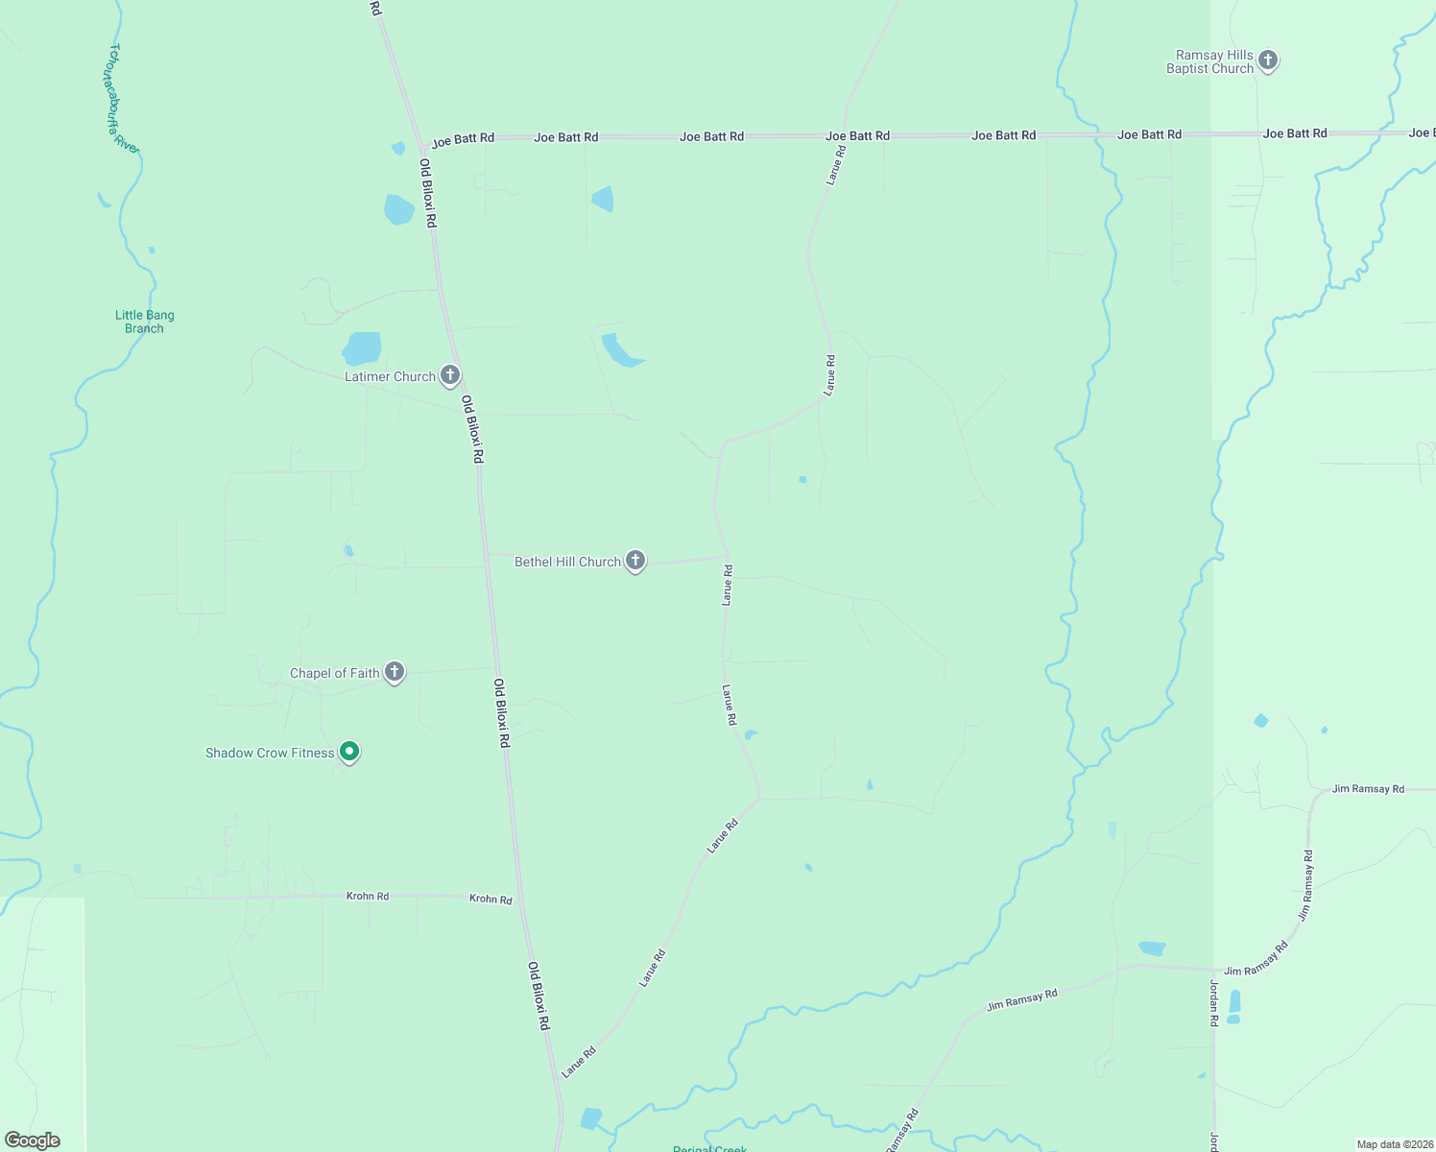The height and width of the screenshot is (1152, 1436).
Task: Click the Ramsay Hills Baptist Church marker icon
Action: click(1268, 60)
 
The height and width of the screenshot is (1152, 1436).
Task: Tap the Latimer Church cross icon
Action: click(449, 375)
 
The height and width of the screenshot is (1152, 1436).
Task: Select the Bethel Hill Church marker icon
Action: click(634, 561)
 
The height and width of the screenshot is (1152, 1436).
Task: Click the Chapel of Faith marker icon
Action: click(394, 672)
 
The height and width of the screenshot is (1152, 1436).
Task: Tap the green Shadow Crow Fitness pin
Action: click(349, 752)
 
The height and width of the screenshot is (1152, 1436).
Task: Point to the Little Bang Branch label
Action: click(145, 322)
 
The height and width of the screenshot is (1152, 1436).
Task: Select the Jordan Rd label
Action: click(1213, 1004)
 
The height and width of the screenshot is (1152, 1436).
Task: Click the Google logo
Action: click(33, 1140)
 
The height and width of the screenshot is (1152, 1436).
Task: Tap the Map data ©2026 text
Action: click(1394, 1144)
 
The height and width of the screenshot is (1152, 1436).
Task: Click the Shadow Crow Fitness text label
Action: click(270, 753)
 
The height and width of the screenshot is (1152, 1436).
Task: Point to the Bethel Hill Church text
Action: click(567, 562)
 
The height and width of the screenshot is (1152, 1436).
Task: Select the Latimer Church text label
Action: click(390, 376)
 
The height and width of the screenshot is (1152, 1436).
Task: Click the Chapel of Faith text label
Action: click(335, 673)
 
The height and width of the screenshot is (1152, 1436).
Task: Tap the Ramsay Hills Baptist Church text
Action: click(1209, 62)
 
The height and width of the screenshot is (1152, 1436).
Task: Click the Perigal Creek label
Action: click(709, 1148)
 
